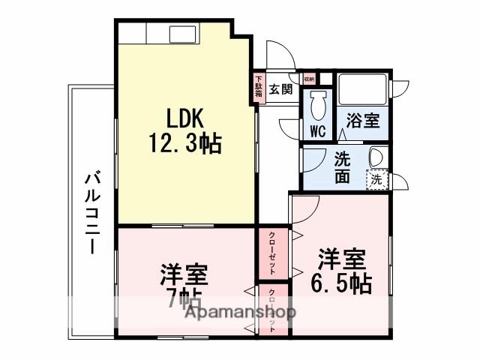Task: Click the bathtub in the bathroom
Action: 361,91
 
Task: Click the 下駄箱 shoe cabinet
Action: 258,86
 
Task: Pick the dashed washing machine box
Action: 377,179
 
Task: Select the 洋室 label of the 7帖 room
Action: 184,274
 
